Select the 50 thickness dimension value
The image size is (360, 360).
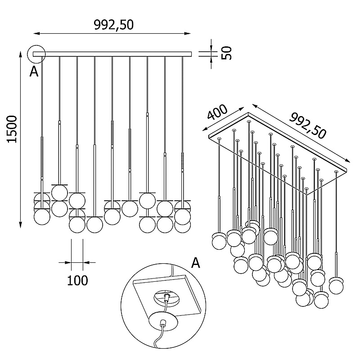(x=228, y=53)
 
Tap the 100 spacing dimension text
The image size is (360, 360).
(x=77, y=280)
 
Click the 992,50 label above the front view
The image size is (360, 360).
(x=114, y=24)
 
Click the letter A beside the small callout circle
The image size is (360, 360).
(x=34, y=71)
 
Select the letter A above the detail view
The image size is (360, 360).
(x=195, y=262)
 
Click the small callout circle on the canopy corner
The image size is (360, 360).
(x=36, y=54)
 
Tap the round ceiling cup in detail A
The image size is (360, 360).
(x=166, y=322)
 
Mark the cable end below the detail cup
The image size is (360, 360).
(x=156, y=346)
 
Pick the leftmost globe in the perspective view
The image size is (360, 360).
(x=220, y=241)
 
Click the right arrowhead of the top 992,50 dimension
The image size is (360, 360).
(x=189, y=34)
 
